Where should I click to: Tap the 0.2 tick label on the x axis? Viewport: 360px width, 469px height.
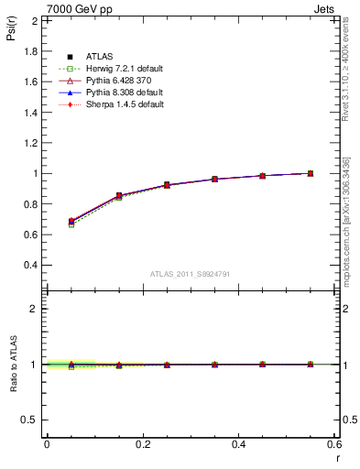pos(142,443)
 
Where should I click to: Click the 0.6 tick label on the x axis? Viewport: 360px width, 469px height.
pos(334,443)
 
